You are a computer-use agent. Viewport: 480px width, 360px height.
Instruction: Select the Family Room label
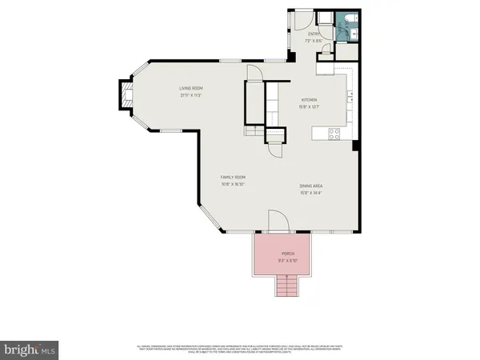pyautogui.click(x=234, y=178)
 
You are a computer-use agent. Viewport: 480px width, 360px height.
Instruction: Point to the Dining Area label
pyautogui.click(x=312, y=186)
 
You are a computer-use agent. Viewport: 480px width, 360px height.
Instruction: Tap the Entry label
pyautogui.click(x=314, y=34)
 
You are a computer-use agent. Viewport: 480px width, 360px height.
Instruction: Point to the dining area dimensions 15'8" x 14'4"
pyautogui.click(x=312, y=192)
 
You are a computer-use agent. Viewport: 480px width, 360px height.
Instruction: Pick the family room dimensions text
pyautogui.click(x=234, y=184)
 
